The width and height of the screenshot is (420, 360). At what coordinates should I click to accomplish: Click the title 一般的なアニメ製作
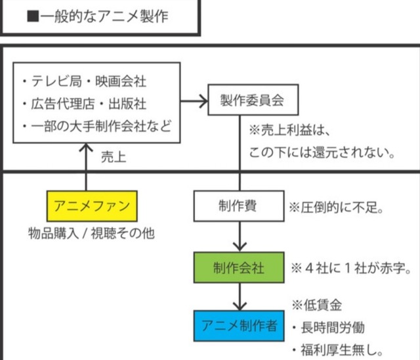[x=105, y=16]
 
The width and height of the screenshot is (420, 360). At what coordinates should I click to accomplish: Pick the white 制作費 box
[x=238, y=206]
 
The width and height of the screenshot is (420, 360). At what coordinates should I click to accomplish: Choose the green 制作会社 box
[x=238, y=267]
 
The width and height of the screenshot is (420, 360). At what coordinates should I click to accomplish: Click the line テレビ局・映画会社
[x=84, y=81]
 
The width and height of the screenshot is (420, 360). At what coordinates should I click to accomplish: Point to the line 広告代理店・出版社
[x=84, y=104]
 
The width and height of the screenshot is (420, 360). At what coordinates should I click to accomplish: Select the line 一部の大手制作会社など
[x=96, y=125]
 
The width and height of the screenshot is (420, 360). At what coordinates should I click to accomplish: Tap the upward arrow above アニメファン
[x=86, y=164]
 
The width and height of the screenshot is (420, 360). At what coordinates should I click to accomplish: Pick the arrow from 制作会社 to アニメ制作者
[x=238, y=296]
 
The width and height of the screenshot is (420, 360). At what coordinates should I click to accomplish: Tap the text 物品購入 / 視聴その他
[x=91, y=233]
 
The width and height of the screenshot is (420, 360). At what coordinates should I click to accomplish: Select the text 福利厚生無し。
[x=341, y=349]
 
